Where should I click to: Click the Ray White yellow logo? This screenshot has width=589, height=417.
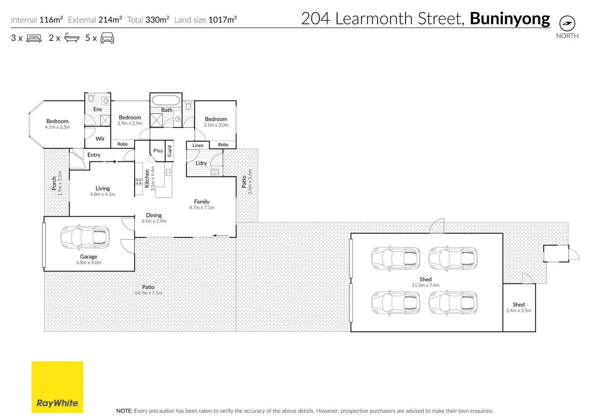[57, 387]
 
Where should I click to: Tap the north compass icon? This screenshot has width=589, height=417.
[567, 24]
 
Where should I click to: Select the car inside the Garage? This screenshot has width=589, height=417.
[85, 237]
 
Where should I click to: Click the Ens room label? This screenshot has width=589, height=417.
[98, 109]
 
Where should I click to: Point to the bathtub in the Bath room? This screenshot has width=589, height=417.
[166, 100]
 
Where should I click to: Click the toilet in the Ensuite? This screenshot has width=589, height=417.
[91, 98]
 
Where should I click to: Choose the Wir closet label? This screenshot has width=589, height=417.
[100, 139]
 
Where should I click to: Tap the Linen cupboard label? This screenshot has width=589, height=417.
[198, 145]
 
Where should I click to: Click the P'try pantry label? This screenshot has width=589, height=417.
[158, 151]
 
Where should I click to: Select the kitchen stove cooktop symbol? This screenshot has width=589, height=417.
[138, 181]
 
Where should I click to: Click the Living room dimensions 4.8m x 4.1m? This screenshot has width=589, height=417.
[103, 194]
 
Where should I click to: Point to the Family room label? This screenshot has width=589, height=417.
[202, 202]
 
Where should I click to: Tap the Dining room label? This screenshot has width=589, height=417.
[154, 215]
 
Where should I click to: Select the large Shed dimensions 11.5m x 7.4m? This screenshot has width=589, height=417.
[425, 285]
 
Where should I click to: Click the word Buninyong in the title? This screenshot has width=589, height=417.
[510, 19]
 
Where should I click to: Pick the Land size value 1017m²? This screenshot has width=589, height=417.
[223, 19]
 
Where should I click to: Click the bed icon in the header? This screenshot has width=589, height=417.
[34, 38]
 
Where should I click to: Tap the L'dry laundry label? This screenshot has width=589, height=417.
[201, 163]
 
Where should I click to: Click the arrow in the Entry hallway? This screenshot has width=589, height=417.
[110, 161]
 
